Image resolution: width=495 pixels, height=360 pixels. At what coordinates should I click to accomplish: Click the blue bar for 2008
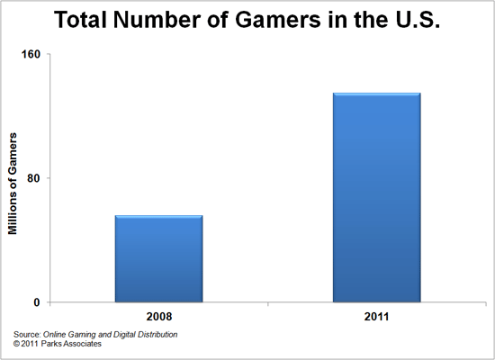tap(158, 259)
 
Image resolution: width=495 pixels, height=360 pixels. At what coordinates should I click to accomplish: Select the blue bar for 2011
tap(376, 198)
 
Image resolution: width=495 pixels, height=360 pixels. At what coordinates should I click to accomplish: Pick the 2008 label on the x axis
tap(158, 317)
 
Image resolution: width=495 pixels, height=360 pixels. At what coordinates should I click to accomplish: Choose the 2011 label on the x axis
tap(376, 317)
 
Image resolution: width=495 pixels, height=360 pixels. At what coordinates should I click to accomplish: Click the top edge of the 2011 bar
tap(376, 93)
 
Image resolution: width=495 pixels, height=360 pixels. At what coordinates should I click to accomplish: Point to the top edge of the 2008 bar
tap(158, 216)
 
